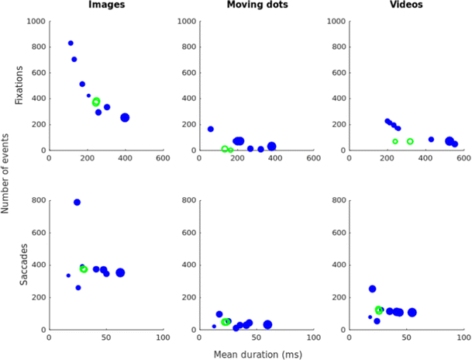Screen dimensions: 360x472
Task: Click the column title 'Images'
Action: (105, 6)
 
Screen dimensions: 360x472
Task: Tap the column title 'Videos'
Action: (407, 6)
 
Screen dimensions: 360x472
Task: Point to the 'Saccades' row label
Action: (22, 265)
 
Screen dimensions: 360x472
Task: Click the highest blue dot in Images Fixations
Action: (71, 43)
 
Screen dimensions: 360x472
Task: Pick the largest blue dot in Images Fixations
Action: (125, 117)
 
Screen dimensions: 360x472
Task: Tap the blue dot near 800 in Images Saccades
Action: (77, 202)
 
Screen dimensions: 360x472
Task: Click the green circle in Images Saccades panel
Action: (84, 269)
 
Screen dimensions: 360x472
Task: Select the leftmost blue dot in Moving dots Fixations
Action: (210, 129)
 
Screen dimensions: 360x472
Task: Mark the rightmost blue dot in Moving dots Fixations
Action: (271, 146)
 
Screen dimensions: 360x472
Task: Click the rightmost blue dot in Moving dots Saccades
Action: (267, 324)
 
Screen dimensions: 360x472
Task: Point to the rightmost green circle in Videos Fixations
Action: (410, 141)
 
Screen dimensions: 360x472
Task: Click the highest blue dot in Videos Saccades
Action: (372, 289)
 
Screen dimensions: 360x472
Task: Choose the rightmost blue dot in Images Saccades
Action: (120, 272)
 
